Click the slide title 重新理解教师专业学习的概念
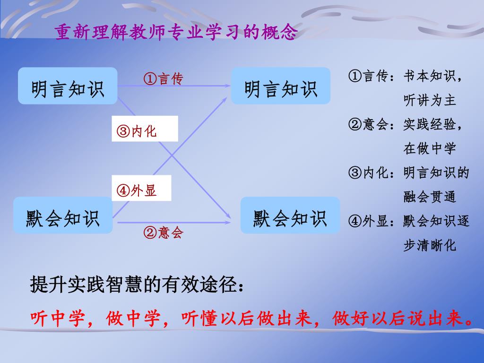176,33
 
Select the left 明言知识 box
68,86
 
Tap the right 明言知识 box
281,86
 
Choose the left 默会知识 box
63,216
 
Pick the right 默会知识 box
290,216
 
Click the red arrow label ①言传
163,78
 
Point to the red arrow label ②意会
163,232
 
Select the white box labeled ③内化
145,129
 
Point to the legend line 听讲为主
429,100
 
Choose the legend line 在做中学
429,149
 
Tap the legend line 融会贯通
429,197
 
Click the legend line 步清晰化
429,246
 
